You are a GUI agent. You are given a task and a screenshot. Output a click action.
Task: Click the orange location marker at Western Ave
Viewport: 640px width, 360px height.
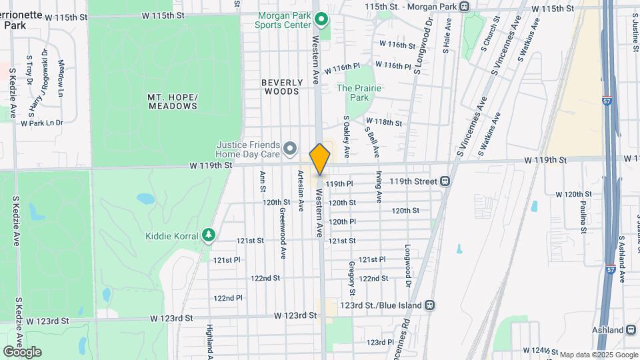click(x=320, y=159)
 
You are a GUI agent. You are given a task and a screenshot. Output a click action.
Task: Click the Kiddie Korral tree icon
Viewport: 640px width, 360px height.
click(x=209, y=235)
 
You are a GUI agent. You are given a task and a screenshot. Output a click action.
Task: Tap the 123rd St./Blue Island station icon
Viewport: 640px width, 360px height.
click(x=431, y=305)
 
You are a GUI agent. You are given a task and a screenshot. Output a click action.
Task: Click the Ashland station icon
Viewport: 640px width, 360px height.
click(x=632, y=330)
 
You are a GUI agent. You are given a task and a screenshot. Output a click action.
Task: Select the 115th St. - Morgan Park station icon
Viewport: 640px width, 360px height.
click(x=465, y=7)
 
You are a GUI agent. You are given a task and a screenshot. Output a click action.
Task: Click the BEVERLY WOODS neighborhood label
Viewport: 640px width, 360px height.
click(x=281, y=87)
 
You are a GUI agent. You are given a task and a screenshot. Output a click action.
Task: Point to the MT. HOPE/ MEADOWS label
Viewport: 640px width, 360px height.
click(x=173, y=101)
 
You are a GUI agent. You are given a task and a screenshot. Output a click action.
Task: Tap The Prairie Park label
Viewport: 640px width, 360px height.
click(x=359, y=93)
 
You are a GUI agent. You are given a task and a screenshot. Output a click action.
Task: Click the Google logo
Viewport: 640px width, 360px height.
click(x=22, y=351)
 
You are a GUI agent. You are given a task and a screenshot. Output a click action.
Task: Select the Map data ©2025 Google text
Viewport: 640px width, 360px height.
click(x=598, y=355)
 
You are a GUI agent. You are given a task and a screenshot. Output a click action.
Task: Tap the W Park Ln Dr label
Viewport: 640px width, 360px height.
click(x=41, y=123)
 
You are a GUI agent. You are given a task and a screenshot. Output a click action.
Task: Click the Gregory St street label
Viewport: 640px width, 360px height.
click(x=351, y=278)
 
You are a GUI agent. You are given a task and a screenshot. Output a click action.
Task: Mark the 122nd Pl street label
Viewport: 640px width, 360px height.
click(x=228, y=298)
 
